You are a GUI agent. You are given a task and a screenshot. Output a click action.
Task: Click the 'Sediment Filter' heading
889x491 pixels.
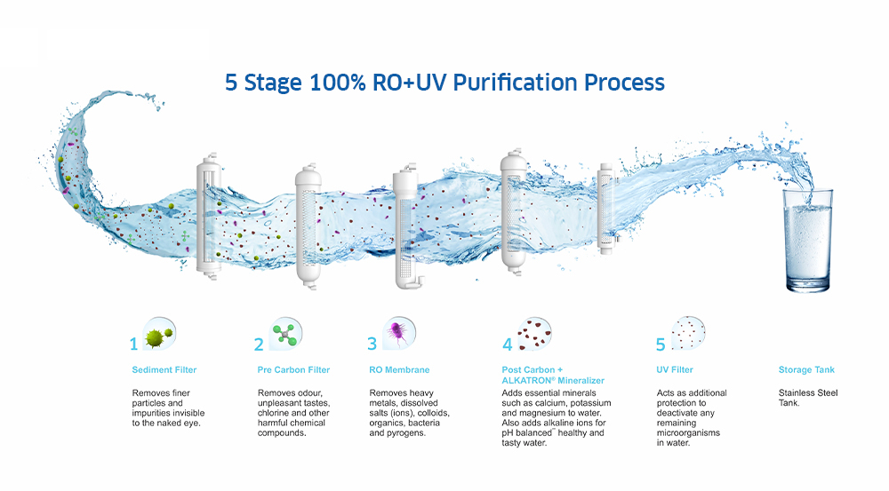pos(164,370)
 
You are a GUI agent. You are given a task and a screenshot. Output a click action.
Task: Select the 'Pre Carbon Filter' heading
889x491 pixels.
pos(293,370)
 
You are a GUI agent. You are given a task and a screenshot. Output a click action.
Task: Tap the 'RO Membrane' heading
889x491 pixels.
pos(399,370)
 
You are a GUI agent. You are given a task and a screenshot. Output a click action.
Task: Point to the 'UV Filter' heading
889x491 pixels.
pos(675,370)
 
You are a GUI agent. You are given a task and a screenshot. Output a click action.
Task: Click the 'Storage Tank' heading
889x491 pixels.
pos(806,370)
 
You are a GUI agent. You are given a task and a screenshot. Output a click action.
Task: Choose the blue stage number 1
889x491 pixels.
pos(134,344)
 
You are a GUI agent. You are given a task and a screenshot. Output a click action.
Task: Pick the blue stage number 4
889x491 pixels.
pos(508,344)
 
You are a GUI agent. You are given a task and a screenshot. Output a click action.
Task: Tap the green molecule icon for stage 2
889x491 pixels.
pos(285,334)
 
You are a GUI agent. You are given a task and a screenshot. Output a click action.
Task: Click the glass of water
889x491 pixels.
pos(808,241)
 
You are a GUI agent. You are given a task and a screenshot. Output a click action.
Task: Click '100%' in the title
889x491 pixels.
pos(337,83)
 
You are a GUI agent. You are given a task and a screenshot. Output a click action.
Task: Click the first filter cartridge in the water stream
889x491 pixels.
pos(208,215)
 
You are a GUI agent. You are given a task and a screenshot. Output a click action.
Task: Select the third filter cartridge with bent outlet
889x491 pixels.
pos(408,226)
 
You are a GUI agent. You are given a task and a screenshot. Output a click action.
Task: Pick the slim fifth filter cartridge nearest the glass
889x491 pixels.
pos(606,209)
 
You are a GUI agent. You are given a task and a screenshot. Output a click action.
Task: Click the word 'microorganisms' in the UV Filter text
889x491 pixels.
pos(688,432)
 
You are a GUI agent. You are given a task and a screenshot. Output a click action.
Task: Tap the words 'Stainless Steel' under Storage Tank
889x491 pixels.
pos(808,393)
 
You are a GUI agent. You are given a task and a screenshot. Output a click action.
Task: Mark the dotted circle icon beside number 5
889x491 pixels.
pos(688,334)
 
